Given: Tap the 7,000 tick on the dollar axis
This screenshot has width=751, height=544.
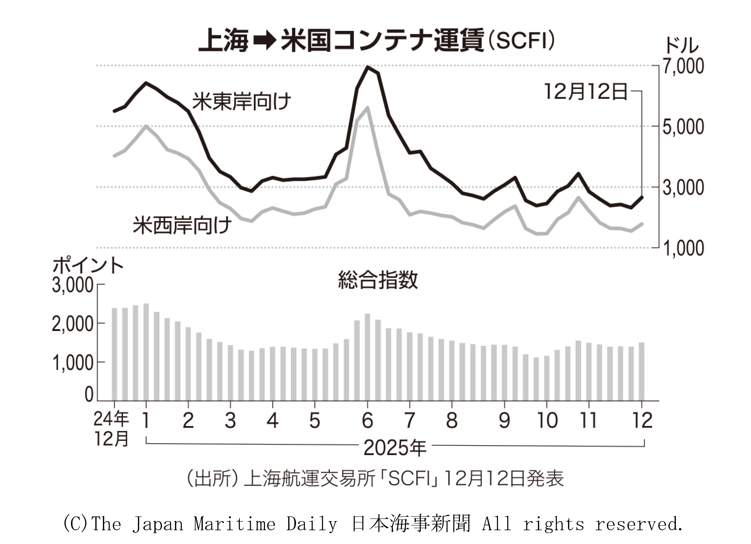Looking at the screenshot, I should [x=683, y=66].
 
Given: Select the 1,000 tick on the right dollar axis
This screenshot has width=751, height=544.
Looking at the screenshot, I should [x=683, y=248].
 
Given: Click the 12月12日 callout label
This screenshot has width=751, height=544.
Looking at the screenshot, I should [x=586, y=92].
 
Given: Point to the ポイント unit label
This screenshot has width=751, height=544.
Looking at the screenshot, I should [x=88, y=266].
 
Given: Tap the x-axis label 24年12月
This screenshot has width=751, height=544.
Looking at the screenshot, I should [x=111, y=429].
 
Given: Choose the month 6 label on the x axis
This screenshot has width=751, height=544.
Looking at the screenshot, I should [x=367, y=421].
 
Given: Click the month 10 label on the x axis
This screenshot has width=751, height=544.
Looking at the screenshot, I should [x=547, y=421].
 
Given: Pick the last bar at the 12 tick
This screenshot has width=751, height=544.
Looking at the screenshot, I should [x=641, y=372].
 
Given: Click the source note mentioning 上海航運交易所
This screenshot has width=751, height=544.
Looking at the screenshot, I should [x=375, y=479].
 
